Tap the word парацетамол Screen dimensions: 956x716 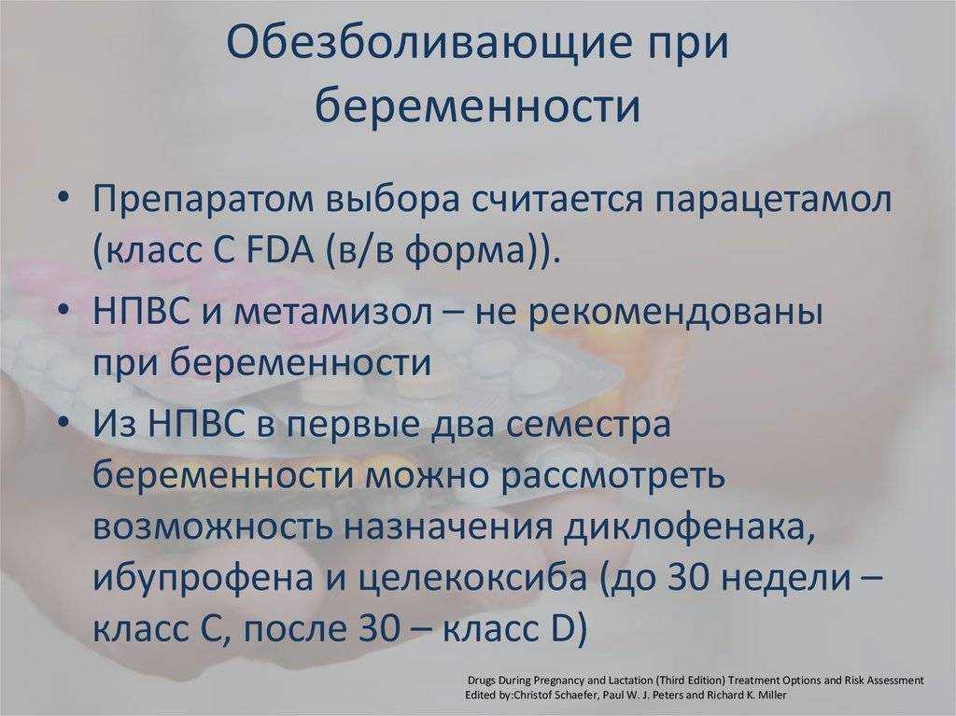[x=773, y=201]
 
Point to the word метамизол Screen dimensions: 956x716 [x=333, y=312]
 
